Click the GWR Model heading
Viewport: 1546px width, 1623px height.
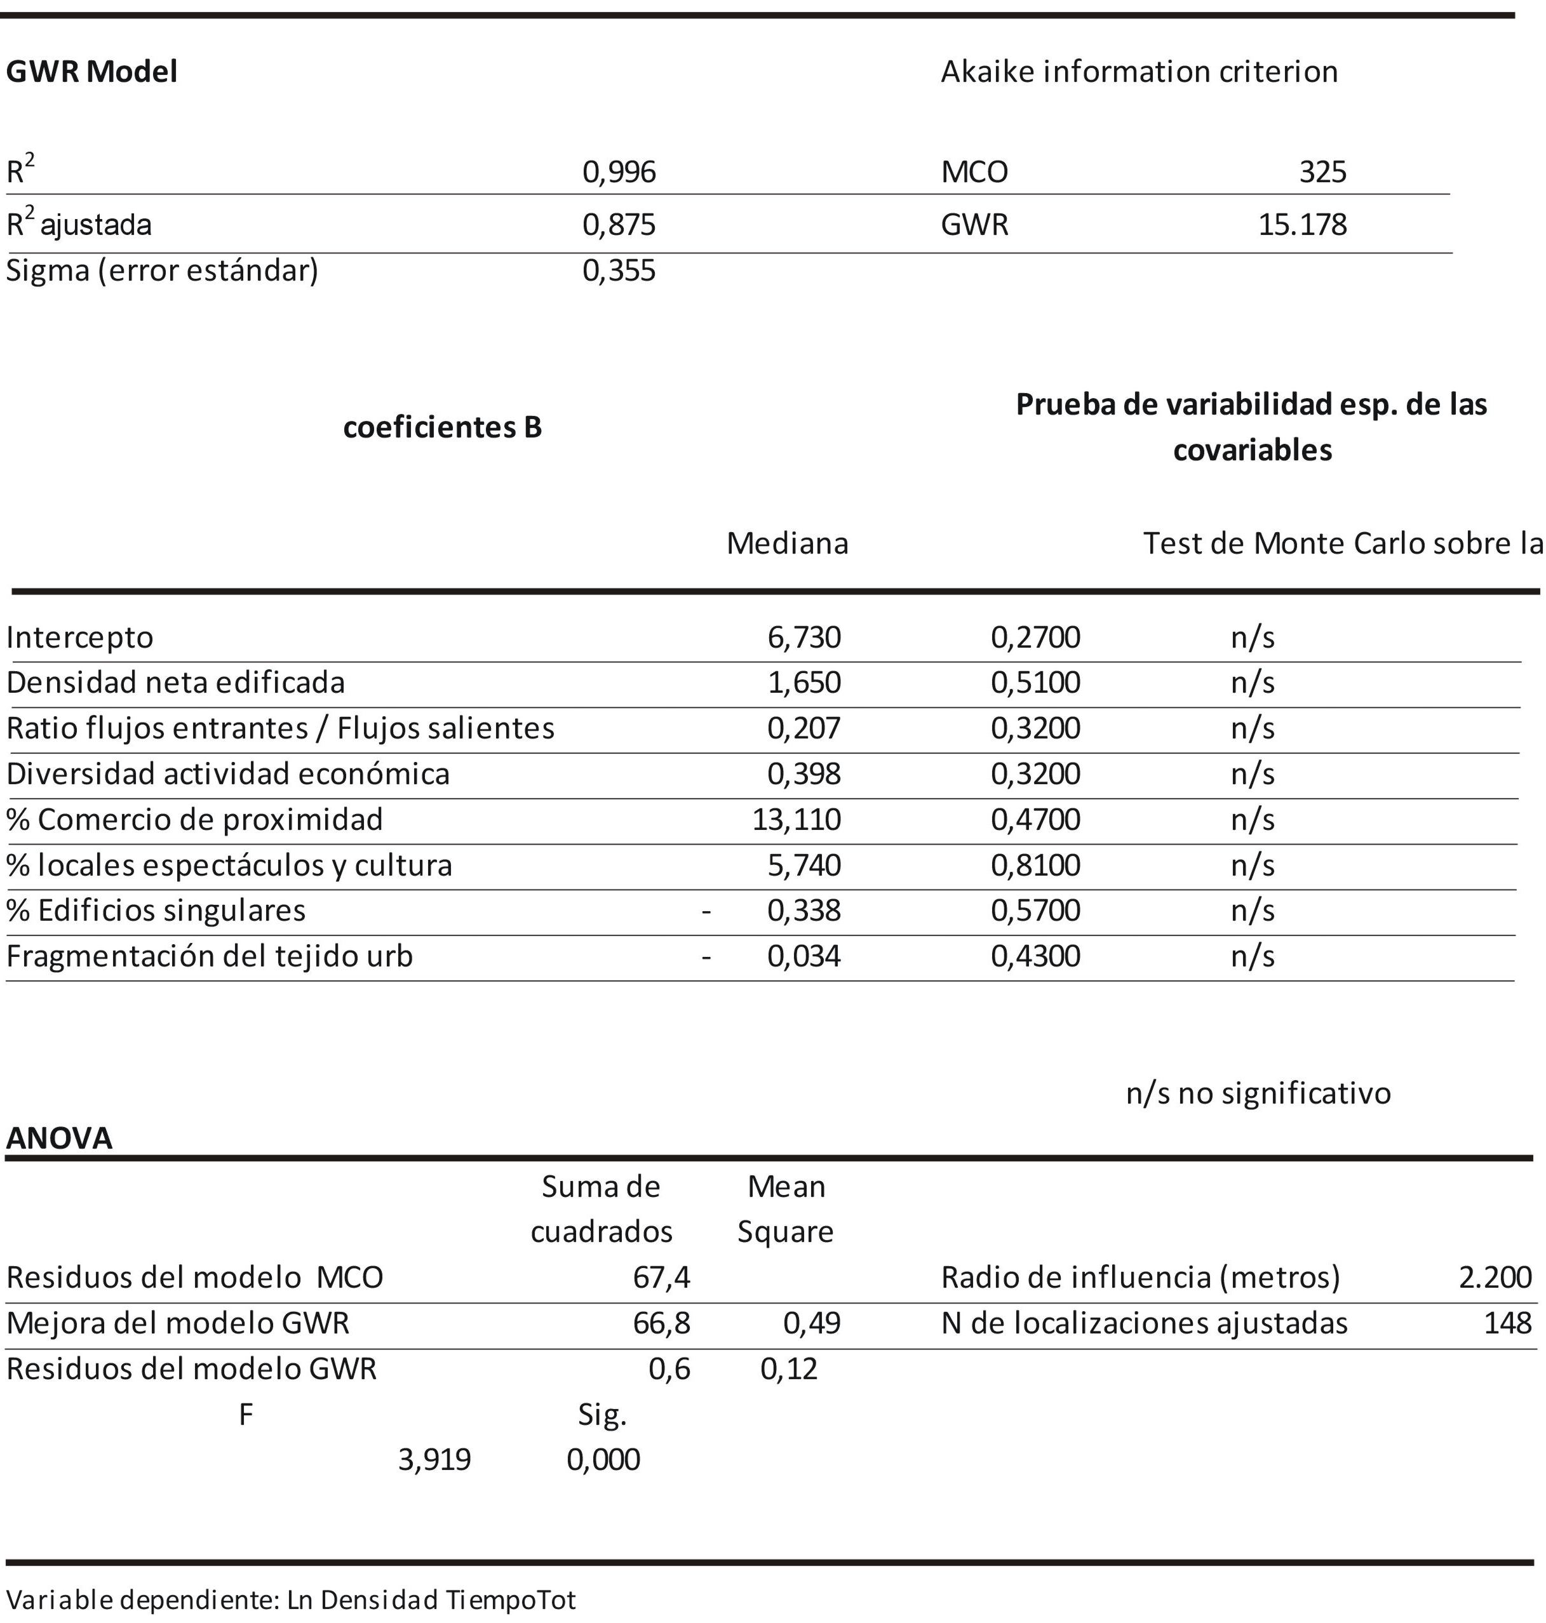pyautogui.click(x=91, y=72)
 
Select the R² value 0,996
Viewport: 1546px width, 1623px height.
pyautogui.click(x=619, y=172)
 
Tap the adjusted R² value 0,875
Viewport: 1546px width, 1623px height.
pyautogui.click(x=619, y=225)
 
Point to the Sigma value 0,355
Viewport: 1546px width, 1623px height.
pyautogui.click(x=619, y=271)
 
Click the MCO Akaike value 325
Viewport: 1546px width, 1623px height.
pyautogui.click(x=1322, y=172)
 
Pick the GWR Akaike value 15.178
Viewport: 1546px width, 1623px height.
pyautogui.click(x=1302, y=225)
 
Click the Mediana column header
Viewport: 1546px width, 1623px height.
pyautogui.click(x=787, y=544)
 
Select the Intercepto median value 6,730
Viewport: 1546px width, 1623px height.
pyautogui.click(x=803, y=638)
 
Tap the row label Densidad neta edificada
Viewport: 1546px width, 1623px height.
pyautogui.click(x=175, y=683)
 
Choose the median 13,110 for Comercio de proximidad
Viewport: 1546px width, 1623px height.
pyautogui.click(x=796, y=820)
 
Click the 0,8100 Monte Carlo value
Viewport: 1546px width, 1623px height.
pyautogui.click(x=1035, y=865)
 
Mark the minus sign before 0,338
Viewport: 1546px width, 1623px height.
pyautogui.click(x=706, y=911)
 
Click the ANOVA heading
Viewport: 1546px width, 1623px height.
pyautogui.click(x=59, y=1139)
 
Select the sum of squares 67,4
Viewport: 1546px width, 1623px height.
pyautogui.click(x=662, y=1278)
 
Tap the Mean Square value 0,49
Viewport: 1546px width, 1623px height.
pyautogui.click(x=812, y=1323)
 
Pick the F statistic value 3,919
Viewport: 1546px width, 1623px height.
pyautogui.click(x=434, y=1460)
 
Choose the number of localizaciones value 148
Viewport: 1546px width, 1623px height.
pyautogui.click(x=1507, y=1323)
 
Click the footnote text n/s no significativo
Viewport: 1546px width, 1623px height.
pyautogui.click(x=1258, y=1093)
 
